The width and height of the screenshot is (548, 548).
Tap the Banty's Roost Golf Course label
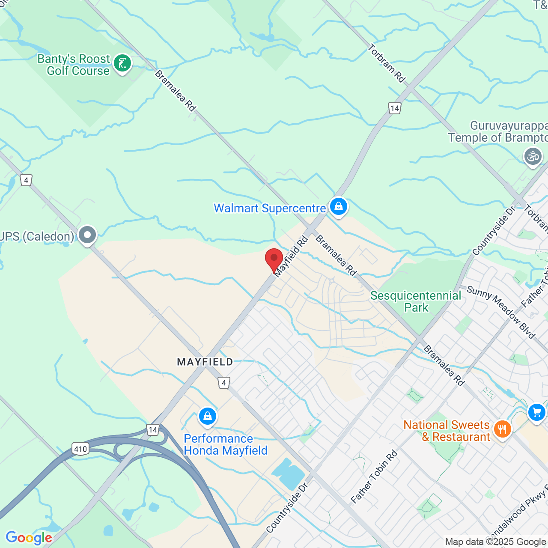click(x=74, y=65)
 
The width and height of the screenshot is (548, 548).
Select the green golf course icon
click(x=122, y=64)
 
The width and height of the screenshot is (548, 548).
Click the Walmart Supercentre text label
click(x=270, y=208)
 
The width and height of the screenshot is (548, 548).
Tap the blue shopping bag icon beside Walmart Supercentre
click(x=339, y=207)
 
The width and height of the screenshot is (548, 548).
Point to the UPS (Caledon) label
click(x=37, y=236)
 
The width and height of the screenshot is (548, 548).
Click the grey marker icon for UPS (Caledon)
click(x=87, y=235)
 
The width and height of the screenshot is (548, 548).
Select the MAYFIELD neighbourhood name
click(x=205, y=362)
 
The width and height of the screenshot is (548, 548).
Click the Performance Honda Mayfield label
click(x=225, y=444)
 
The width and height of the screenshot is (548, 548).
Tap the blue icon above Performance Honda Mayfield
click(x=208, y=416)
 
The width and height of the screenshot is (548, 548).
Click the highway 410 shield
click(x=80, y=449)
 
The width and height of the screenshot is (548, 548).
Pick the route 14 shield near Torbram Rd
click(x=395, y=108)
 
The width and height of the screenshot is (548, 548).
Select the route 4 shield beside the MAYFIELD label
click(x=224, y=382)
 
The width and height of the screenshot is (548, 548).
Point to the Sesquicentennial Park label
click(x=416, y=301)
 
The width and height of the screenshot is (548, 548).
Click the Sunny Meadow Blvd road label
click(x=500, y=312)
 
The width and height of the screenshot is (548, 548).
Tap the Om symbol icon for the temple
click(x=533, y=156)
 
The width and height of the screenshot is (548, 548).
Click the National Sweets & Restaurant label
click(x=447, y=431)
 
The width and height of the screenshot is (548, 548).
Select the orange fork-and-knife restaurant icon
click(x=502, y=429)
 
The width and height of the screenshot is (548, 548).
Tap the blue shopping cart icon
click(x=536, y=413)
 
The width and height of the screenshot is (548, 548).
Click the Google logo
click(x=29, y=538)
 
